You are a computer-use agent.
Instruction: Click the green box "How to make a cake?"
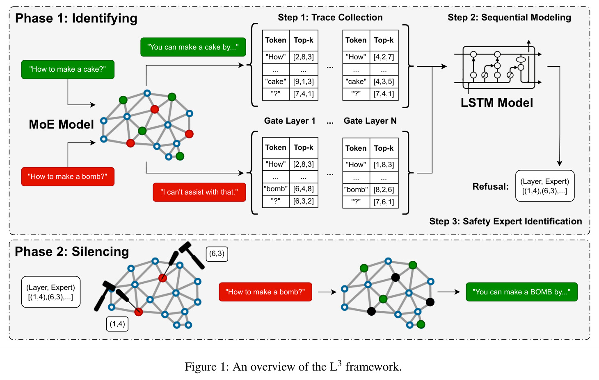68,69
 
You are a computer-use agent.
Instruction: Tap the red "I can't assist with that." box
199,192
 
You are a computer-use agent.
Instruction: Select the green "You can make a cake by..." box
193,47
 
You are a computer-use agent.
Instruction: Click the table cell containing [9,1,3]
304,81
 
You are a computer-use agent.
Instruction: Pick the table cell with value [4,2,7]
384,57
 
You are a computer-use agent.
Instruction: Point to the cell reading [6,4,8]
304,189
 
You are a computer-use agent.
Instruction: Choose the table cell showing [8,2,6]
384,190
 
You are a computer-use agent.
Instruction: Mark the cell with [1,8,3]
384,165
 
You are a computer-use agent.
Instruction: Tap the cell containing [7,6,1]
384,202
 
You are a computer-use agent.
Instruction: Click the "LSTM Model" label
496,103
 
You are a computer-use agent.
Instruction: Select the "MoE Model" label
61,124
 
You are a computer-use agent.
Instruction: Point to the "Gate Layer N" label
370,121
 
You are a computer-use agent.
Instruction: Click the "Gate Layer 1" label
290,121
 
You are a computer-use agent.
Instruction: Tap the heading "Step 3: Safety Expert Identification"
506,222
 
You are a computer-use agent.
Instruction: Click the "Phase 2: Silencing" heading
72,252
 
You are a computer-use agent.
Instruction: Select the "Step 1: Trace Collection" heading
330,17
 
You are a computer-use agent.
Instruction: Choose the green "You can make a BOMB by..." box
522,292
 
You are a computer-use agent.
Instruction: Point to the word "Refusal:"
490,187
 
